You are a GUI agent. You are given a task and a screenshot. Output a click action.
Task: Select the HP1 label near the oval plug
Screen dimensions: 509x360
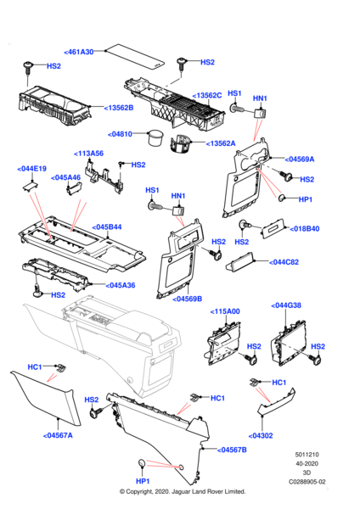click(307, 199)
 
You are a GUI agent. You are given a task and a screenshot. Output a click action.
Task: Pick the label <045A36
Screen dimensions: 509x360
click(120, 285)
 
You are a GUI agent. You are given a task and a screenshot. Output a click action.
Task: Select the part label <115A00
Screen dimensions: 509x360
click(225, 312)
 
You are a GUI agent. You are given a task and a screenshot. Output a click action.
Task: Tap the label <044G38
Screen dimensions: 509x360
click(289, 305)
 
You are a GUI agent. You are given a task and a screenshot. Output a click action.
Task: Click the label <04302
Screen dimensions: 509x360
click(262, 435)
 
